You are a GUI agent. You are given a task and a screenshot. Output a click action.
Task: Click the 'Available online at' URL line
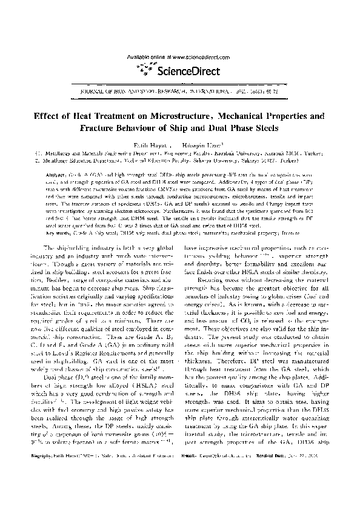pyautogui.click(x=179, y=56)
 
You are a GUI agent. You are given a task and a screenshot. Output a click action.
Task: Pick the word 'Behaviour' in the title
pyautogui.click(x=156, y=128)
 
